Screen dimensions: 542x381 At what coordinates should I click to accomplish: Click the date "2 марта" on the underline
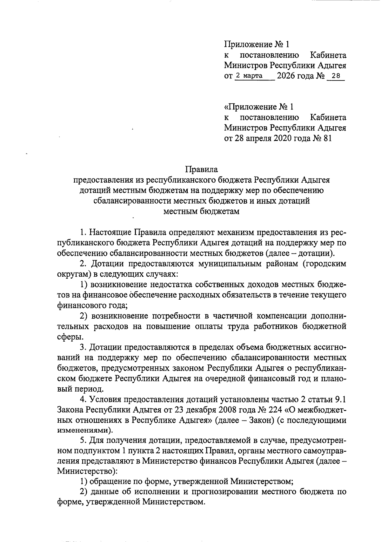pyautogui.click(x=249, y=76)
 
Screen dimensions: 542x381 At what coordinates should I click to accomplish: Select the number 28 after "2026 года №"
pyautogui.click(x=335, y=76)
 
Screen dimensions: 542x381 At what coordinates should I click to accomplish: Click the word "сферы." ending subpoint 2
pyautogui.click(x=68, y=337)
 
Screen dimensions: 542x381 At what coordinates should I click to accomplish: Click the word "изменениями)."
pyautogui.click(x=85, y=431)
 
